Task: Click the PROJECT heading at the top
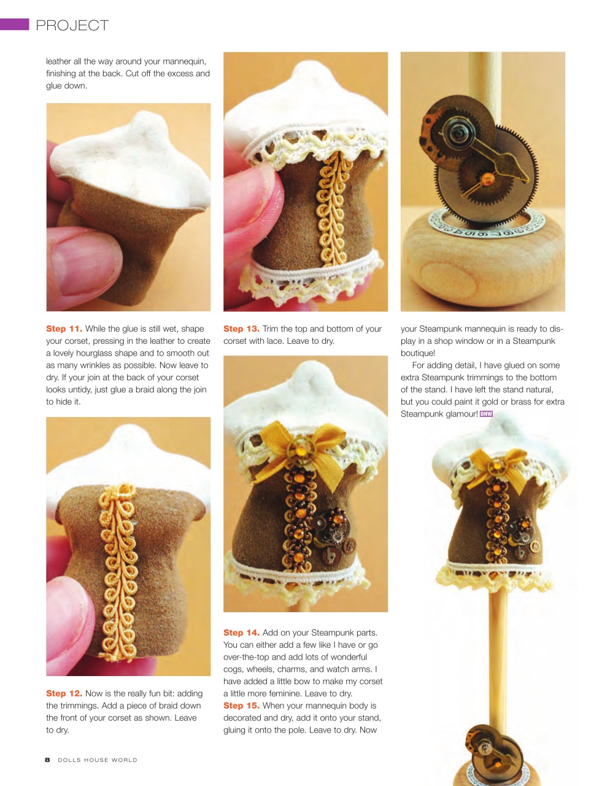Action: click(72, 25)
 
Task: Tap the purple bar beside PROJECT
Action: click(15, 24)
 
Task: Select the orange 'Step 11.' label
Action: click(64, 329)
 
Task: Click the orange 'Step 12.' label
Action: click(64, 693)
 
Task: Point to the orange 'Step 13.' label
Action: click(241, 329)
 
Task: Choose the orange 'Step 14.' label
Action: click(241, 632)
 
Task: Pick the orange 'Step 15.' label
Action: click(241, 706)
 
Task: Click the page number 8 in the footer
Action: click(47, 760)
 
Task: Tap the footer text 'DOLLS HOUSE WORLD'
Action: click(98, 760)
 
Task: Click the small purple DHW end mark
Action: click(486, 414)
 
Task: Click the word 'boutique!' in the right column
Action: click(418, 353)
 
